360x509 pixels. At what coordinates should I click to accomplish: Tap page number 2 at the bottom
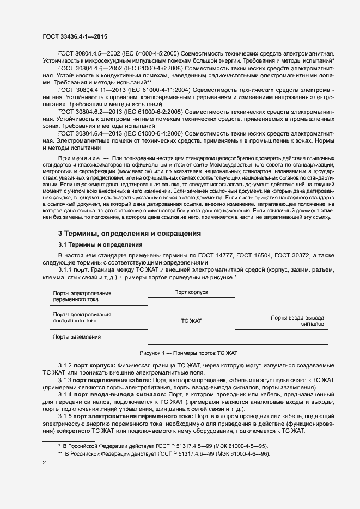(x=44, y=463)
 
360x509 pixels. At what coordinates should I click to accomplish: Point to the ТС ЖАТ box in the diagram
(x=191, y=321)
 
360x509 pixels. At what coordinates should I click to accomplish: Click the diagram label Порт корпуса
(x=191, y=292)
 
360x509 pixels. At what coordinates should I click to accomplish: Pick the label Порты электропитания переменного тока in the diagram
(x=82, y=296)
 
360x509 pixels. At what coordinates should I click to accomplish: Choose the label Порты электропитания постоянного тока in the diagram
(x=82, y=317)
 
